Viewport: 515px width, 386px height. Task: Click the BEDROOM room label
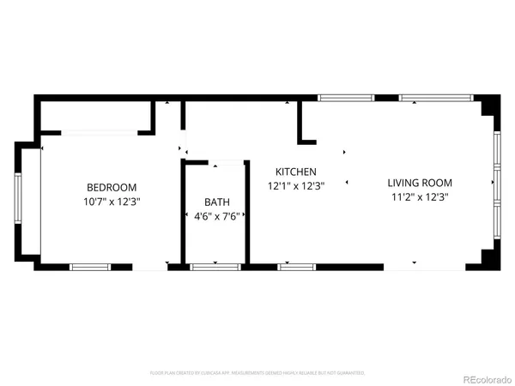(x=112, y=187)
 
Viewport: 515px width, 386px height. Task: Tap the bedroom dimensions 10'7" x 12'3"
(x=112, y=202)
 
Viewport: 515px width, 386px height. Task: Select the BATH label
(x=216, y=202)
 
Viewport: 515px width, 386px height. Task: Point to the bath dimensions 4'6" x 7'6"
(x=216, y=215)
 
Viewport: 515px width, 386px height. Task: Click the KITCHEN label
(x=296, y=172)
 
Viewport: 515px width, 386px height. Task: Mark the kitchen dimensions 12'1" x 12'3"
(x=296, y=186)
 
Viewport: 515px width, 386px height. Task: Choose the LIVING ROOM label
(x=419, y=183)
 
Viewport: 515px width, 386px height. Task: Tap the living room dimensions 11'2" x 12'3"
(x=419, y=196)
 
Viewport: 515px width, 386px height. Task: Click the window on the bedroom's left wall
(x=18, y=199)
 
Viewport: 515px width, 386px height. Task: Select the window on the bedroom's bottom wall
(x=90, y=267)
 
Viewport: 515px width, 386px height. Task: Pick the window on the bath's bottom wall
(x=215, y=267)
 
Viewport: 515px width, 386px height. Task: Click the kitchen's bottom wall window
(x=297, y=267)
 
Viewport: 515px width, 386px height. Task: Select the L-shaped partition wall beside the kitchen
(x=302, y=125)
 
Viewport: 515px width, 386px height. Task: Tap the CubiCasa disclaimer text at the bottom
(x=257, y=373)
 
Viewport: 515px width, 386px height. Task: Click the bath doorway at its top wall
(x=227, y=161)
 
